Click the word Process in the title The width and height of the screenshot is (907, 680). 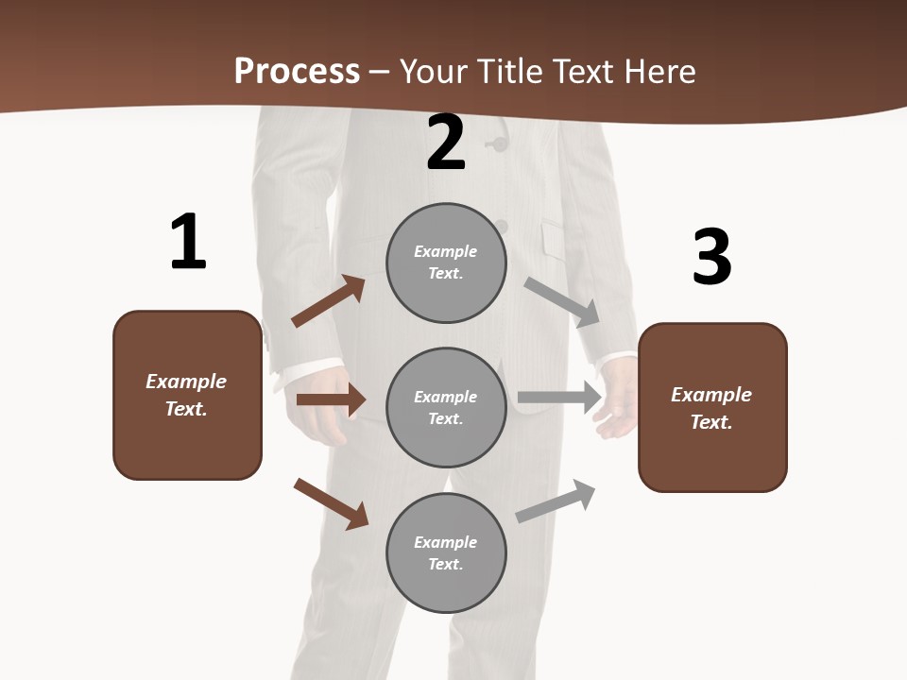[297, 72]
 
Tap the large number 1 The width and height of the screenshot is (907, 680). [188, 243]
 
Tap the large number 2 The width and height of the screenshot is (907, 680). [446, 144]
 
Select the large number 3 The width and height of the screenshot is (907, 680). [711, 258]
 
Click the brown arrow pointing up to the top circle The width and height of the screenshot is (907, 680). [329, 301]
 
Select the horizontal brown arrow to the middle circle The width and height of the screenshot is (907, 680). [331, 399]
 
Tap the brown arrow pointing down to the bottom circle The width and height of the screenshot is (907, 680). [331, 503]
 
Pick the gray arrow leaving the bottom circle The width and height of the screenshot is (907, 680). [556, 501]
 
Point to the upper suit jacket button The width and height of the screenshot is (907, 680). [496, 144]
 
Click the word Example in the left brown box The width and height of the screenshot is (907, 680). [186, 382]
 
